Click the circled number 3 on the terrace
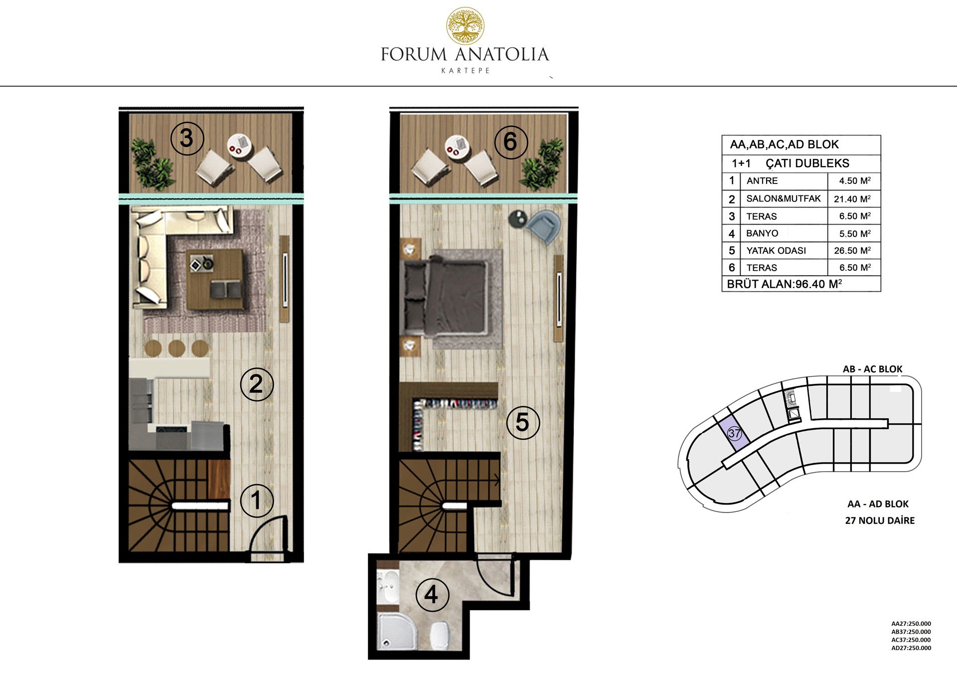click(x=187, y=138)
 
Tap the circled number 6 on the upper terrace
click(x=510, y=141)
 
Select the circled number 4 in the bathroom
click(x=432, y=594)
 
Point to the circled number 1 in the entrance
click(x=257, y=500)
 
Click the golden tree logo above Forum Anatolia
click(x=465, y=25)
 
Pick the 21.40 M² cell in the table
click(x=853, y=198)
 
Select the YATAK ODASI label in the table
click(x=776, y=251)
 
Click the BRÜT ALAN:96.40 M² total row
click(x=785, y=284)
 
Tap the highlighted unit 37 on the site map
click(x=734, y=433)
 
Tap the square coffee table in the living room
click(x=214, y=279)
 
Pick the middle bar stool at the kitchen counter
click(x=177, y=348)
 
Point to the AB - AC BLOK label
click(x=872, y=369)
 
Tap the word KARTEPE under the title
click(x=466, y=70)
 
